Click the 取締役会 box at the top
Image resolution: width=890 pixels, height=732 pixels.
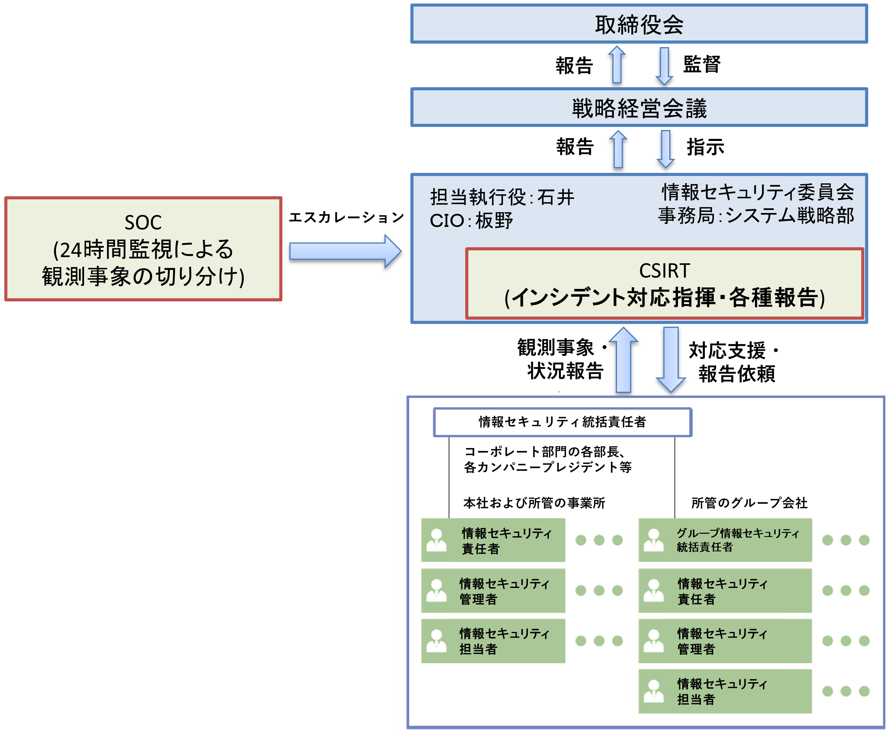[x=639, y=24]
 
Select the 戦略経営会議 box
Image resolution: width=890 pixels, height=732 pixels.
[x=639, y=107]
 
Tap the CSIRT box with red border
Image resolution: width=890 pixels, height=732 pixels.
[x=664, y=284]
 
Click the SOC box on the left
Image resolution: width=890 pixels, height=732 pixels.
[x=143, y=249]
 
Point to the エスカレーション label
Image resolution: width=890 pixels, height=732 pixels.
[x=346, y=217]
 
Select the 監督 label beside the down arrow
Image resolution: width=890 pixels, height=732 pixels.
[x=702, y=65]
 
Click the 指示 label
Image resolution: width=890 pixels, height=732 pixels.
[x=705, y=147]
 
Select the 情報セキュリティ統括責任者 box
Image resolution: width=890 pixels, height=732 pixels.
[x=562, y=422]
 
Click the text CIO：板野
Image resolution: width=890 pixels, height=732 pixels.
[x=471, y=220]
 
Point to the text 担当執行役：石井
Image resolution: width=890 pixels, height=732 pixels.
[x=502, y=197]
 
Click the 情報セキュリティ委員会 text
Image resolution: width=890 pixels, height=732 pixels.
[x=757, y=192]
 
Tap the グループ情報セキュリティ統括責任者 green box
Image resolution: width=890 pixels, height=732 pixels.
[x=724, y=540]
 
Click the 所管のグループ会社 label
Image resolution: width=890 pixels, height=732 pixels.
[x=749, y=503]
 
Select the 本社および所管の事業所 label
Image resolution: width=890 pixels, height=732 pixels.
[x=534, y=503]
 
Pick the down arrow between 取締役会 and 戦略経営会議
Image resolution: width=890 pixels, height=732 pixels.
[x=664, y=65]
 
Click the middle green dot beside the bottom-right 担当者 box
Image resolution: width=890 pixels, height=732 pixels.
[x=845, y=691]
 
